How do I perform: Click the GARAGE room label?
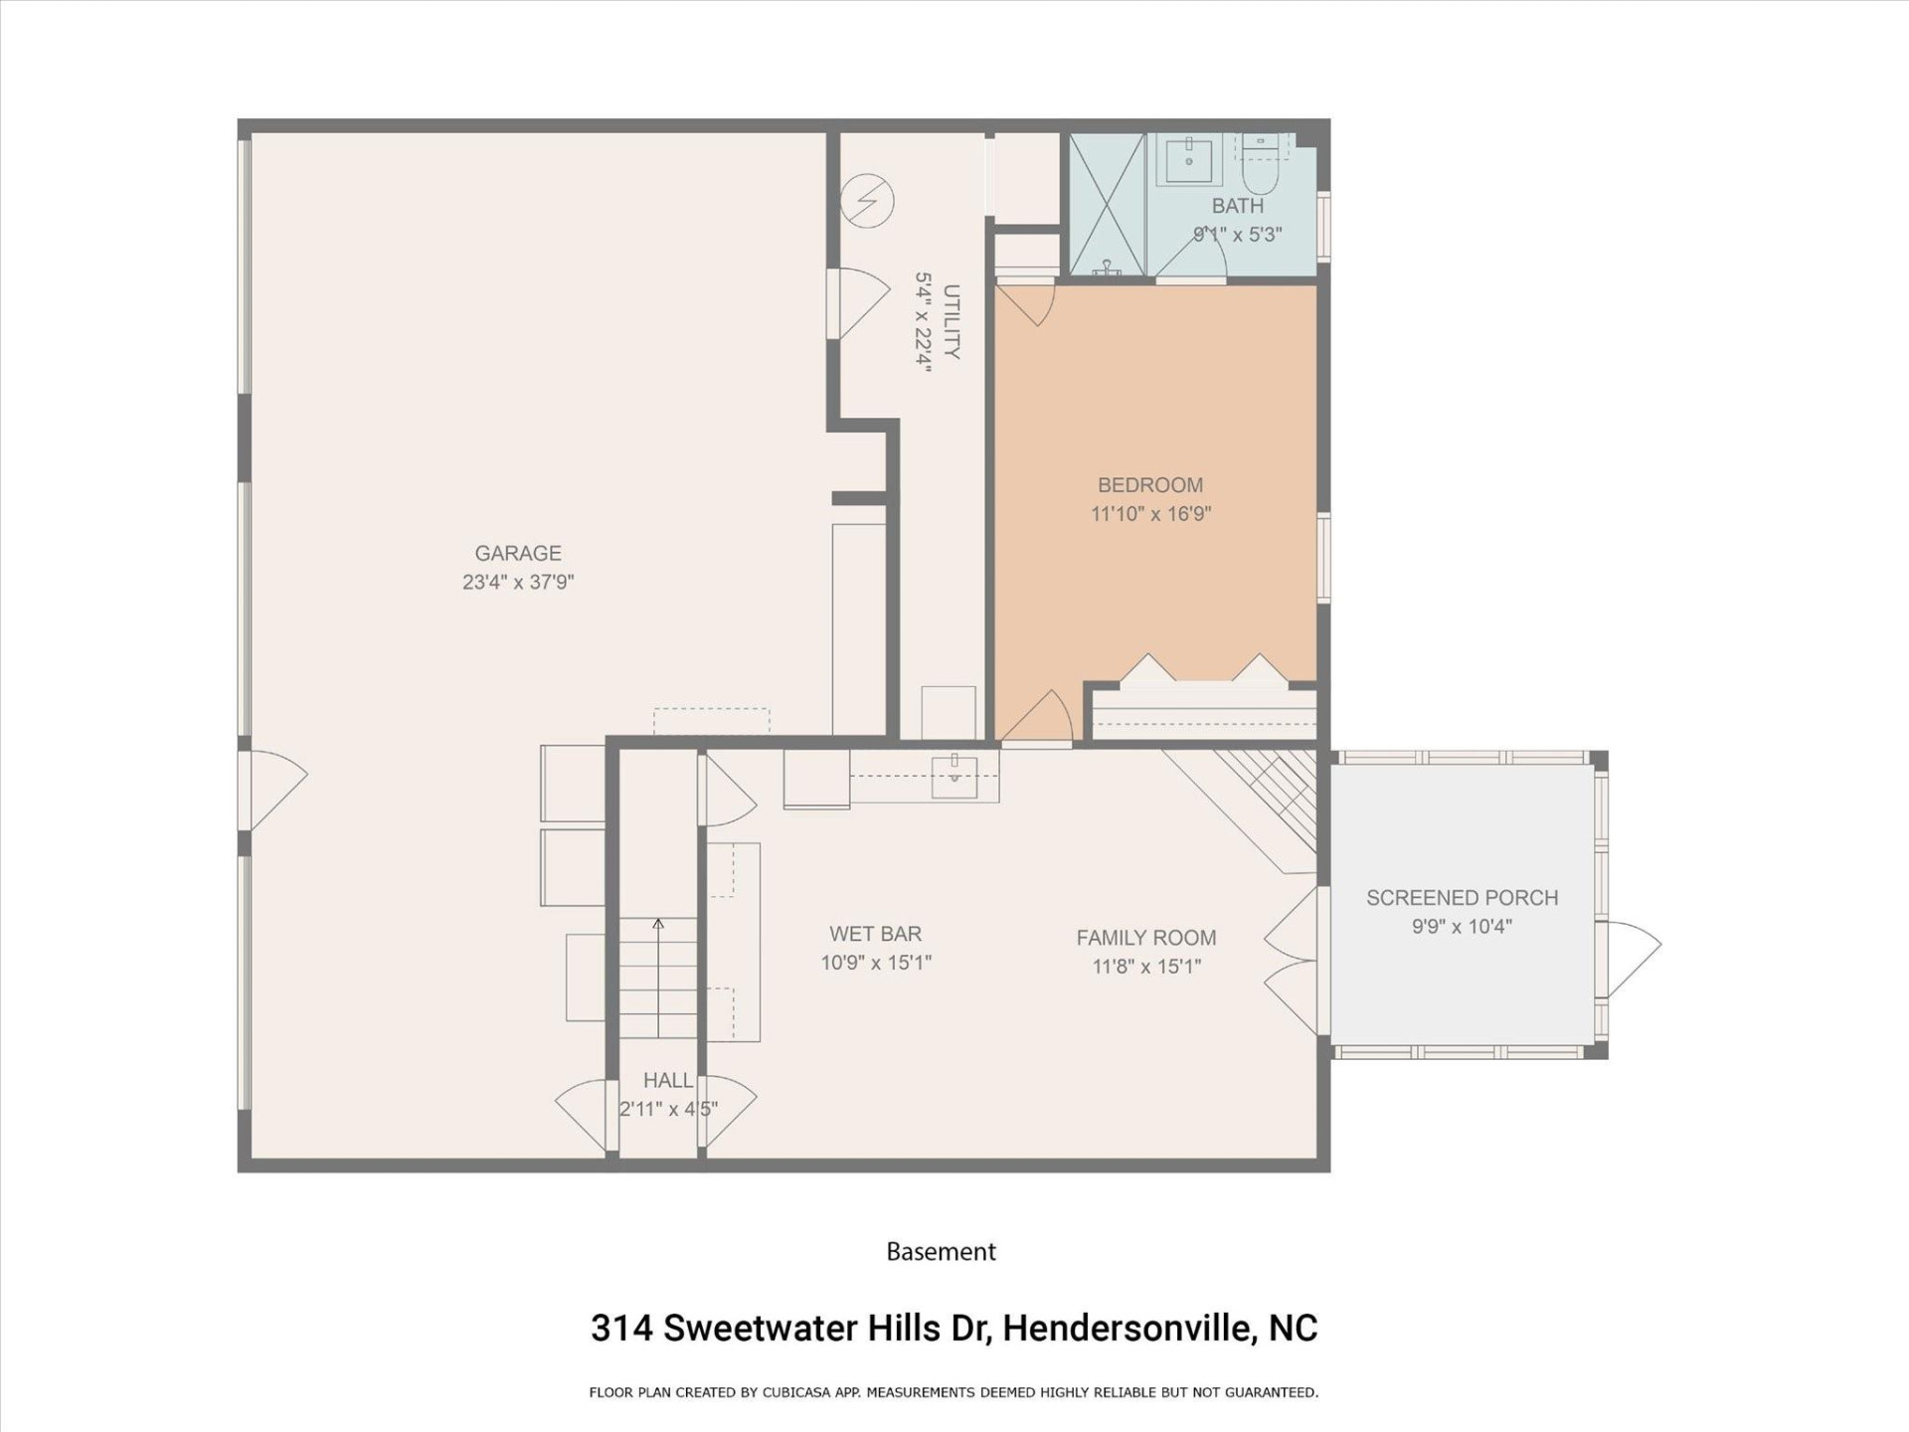coord(517,553)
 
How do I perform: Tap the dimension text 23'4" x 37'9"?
coord(517,583)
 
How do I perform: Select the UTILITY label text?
coord(951,321)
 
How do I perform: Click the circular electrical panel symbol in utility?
coord(867,201)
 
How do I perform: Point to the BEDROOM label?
coord(1150,485)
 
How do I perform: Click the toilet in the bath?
coord(1261,175)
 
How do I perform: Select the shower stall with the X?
coord(1107,204)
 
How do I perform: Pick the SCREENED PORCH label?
coord(1462,898)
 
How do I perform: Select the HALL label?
coord(667,1080)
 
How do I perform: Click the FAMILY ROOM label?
coord(1145,938)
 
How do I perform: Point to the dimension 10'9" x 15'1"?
coord(875,963)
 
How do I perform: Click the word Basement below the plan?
coord(941,1252)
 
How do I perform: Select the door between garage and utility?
coord(857,303)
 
